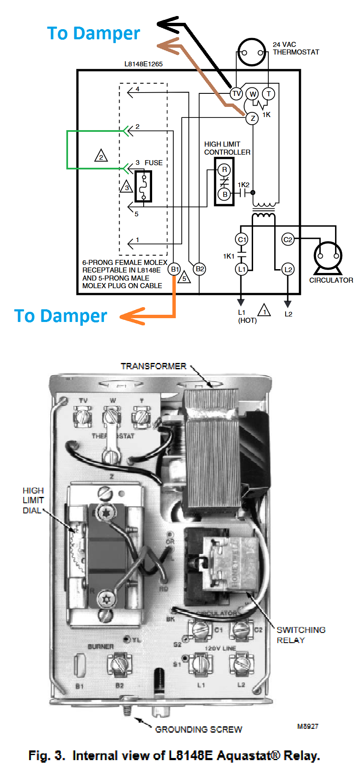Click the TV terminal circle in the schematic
point(236,93)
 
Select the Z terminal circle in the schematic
point(252,118)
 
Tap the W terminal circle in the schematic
point(253,94)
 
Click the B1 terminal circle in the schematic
point(175,269)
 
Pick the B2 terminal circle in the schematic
point(199,269)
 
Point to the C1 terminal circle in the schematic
point(242,240)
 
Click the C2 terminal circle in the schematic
point(288,240)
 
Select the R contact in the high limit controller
point(224,170)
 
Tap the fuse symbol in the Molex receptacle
point(143,186)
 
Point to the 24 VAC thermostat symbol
point(252,52)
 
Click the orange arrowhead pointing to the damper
point(132,316)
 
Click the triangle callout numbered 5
point(184,278)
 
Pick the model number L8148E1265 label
point(143,64)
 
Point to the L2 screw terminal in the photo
point(241,664)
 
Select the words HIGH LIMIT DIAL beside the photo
point(33,500)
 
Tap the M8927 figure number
point(308,726)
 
